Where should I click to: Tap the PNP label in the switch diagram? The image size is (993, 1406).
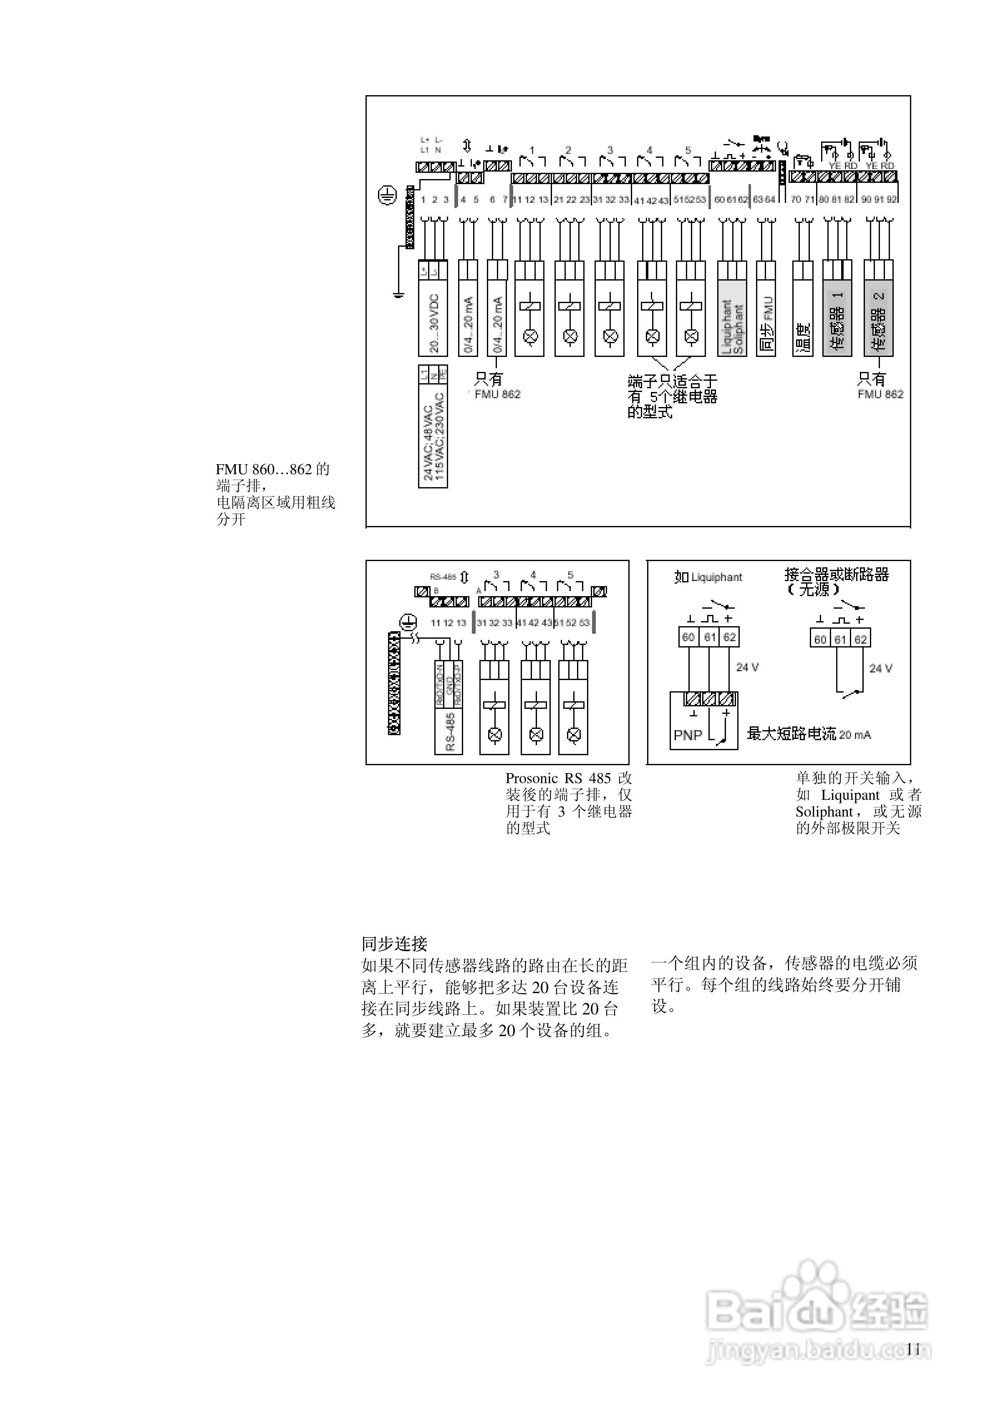pyautogui.click(x=688, y=735)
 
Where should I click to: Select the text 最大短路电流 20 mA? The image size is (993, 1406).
pyautogui.click(x=808, y=733)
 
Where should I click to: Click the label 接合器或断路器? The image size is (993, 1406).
pyautogui.click(x=836, y=574)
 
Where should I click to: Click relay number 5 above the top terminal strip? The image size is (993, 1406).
pyautogui.click(x=688, y=150)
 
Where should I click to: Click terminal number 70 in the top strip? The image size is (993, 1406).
pyautogui.click(x=795, y=200)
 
